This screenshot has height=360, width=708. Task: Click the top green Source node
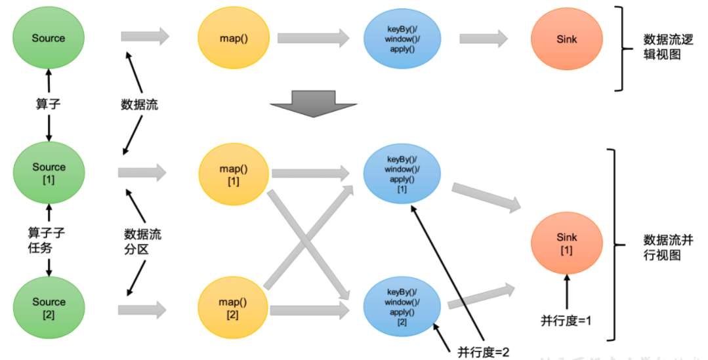49,38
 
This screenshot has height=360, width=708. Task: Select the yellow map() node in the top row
234,38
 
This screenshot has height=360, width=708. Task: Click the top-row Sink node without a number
566,39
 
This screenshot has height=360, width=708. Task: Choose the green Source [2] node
49,308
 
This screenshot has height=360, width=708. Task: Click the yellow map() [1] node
234,174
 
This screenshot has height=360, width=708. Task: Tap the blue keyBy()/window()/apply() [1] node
402,174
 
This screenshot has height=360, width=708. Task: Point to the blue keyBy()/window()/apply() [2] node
402,306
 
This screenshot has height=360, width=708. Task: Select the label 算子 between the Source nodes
49,104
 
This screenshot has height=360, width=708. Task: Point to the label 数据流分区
142,241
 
